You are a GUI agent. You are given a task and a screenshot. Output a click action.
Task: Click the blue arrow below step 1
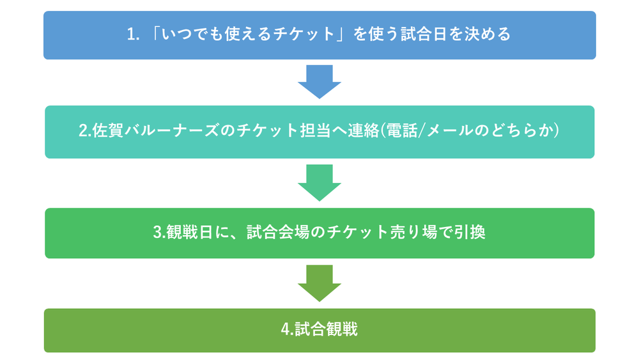click(319, 82)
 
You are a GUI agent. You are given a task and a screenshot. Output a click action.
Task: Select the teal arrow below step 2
click(319, 182)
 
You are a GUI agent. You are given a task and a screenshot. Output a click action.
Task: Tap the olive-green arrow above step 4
click(319, 283)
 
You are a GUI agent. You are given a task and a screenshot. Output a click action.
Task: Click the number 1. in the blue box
click(133, 34)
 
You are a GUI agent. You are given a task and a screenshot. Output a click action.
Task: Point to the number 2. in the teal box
click(85, 130)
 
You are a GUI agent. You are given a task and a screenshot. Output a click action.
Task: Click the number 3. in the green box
click(159, 232)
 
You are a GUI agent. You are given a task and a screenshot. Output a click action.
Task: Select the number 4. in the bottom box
click(288, 329)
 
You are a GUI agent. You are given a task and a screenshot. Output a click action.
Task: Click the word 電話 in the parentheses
click(401, 130)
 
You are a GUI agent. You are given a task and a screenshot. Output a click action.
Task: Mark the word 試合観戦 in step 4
click(326, 329)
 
